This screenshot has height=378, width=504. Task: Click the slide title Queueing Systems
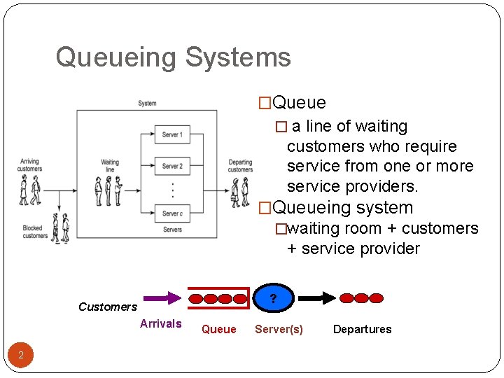point(173,57)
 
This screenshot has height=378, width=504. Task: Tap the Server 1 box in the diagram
point(172,134)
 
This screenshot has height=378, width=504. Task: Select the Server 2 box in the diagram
point(172,167)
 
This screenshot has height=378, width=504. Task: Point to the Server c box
point(172,213)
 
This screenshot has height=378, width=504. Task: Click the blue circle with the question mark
point(273,298)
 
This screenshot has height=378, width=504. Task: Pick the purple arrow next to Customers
point(163,298)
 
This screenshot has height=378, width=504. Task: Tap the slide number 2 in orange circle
point(21,356)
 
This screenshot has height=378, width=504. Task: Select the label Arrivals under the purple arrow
point(160,323)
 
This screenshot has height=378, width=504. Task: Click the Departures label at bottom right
point(362,329)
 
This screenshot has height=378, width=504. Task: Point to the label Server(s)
point(279,329)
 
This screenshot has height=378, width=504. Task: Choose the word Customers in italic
point(108,307)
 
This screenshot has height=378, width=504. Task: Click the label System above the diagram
point(147,104)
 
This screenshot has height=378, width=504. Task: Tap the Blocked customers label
point(34,232)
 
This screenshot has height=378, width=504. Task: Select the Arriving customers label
point(30,165)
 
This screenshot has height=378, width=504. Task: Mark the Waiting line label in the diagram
point(110,166)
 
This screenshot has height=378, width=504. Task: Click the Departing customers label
point(240,166)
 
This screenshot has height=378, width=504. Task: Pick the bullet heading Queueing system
point(342,208)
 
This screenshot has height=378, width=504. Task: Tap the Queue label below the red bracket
point(218,329)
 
